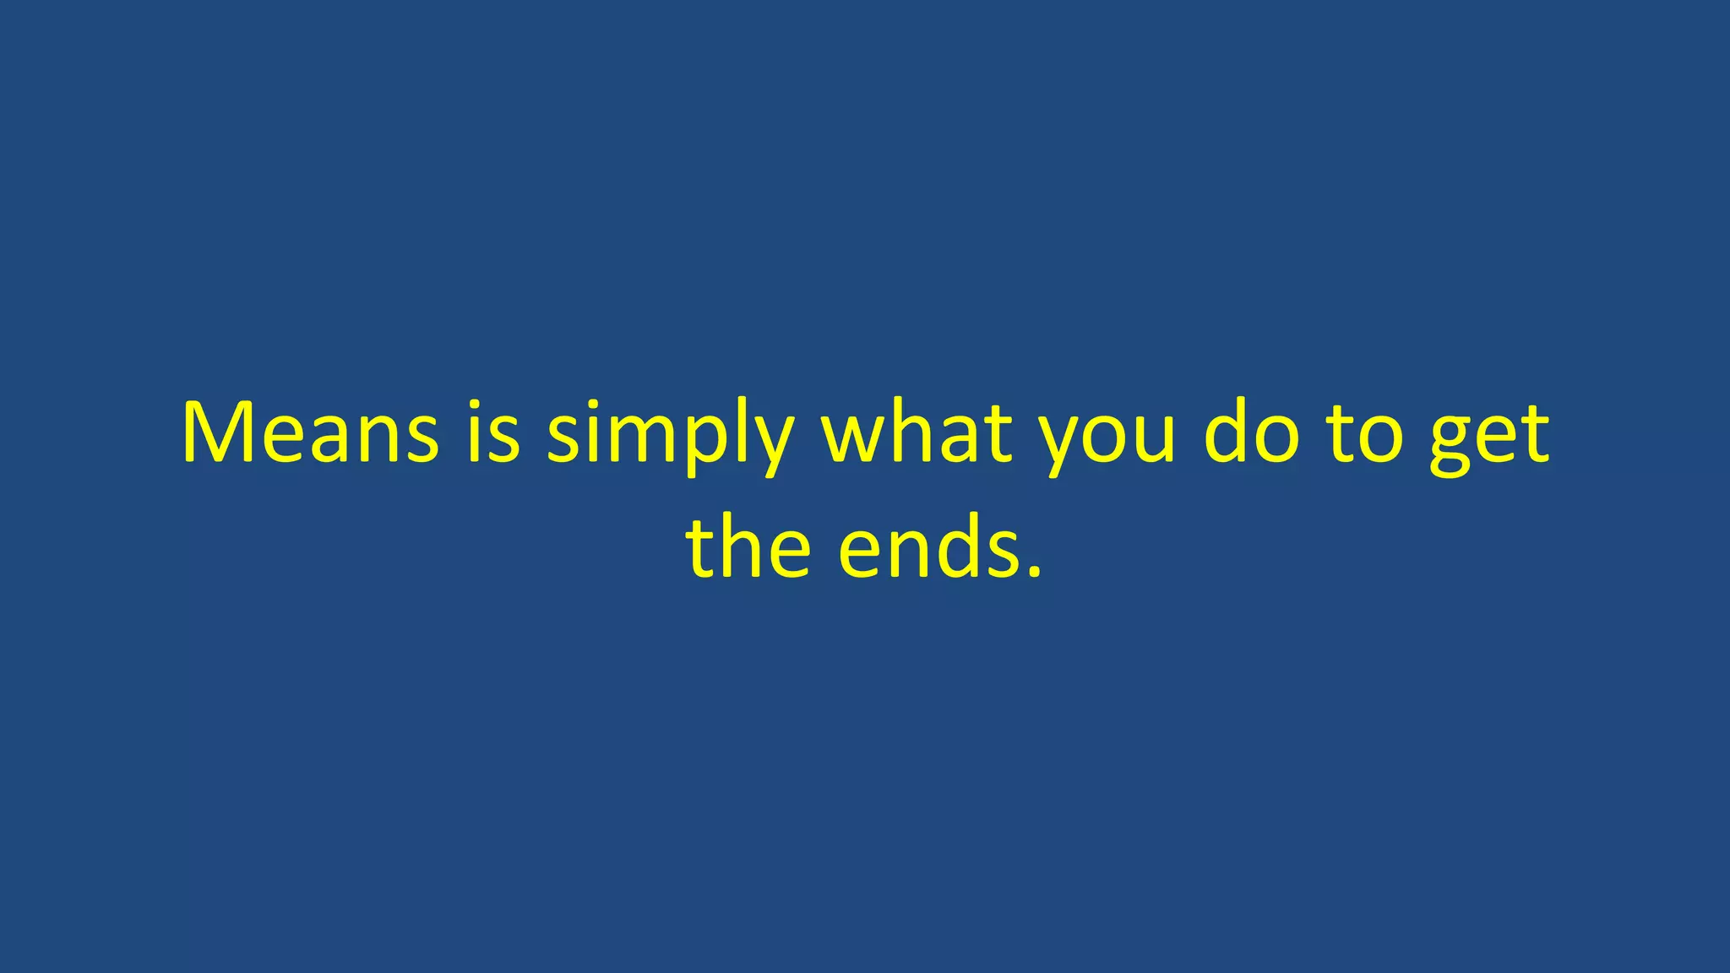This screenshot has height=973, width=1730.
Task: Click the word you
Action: pos(1107,439)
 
